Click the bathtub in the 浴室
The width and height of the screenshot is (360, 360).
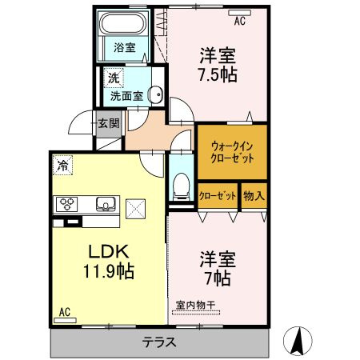pos(123,22)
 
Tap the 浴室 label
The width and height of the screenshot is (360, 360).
pos(125,47)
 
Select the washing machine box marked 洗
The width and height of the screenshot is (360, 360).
pos(114,78)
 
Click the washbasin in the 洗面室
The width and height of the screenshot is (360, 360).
pos(156,94)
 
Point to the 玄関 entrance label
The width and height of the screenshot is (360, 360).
pos(109,123)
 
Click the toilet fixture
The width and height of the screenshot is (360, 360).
pos(181,186)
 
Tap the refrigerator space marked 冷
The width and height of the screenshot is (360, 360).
pos(62,165)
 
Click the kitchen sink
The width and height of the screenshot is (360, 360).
pos(106,204)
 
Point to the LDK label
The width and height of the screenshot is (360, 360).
pos(109,251)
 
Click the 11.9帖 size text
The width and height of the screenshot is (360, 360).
pos(109,271)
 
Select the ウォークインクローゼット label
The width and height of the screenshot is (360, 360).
pos(232,153)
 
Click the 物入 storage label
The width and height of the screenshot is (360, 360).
pos(254,196)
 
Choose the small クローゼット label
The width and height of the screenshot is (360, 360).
pos(218,196)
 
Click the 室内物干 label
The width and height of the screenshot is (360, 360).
pos(196,305)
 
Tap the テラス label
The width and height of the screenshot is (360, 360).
pos(159,342)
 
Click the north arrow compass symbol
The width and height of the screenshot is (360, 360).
pos(298,341)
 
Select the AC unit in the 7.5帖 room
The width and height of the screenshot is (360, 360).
pos(240,13)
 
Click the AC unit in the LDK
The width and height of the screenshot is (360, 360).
pos(65,320)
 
